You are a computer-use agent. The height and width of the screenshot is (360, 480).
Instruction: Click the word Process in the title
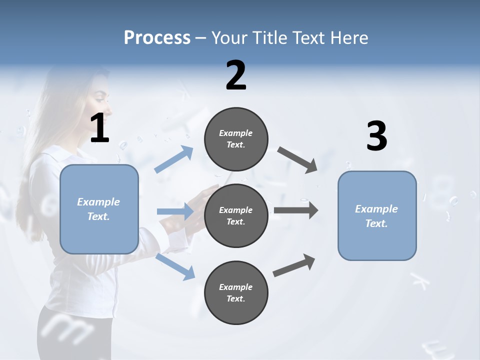pos(157,38)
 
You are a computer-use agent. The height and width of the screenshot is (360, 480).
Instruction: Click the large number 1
pos(99,128)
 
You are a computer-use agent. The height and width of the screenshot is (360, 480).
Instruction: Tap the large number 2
pos(236,75)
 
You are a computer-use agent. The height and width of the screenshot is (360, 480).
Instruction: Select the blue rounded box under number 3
pos(377,242)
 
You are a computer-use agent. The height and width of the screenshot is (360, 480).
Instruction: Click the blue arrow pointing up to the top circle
pos(174,159)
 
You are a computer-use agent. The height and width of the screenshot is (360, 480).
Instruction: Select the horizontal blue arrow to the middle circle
pos(175,211)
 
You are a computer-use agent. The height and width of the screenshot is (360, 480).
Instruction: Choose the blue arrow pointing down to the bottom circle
pos(175,266)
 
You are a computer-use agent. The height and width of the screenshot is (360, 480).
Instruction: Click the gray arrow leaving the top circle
pos(297,160)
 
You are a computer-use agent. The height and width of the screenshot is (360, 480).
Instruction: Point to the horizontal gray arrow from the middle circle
pos(295,210)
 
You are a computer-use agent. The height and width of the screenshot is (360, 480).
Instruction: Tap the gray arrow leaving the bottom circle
pos(294,265)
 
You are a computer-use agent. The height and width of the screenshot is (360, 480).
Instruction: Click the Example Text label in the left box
pos(98,209)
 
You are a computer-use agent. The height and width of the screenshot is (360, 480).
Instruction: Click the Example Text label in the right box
pos(376,216)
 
